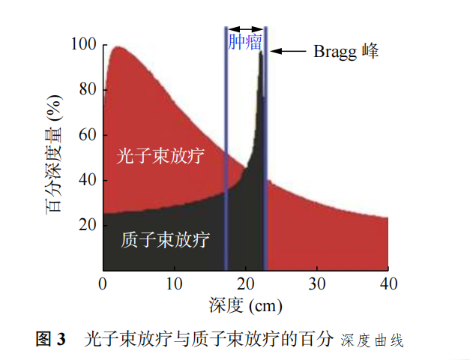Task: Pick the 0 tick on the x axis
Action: click(x=103, y=284)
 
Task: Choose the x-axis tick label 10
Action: click(x=174, y=284)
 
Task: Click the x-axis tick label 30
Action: click(x=317, y=284)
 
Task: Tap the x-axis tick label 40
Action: click(x=388, y=284)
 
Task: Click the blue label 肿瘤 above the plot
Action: click(x=245, y=41)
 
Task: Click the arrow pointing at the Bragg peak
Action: click(x=289, y=52)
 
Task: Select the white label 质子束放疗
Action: click(x=165, y=240)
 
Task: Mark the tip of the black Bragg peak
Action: click(x=261, y=52)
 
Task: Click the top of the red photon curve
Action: click(x=118, y=47)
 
